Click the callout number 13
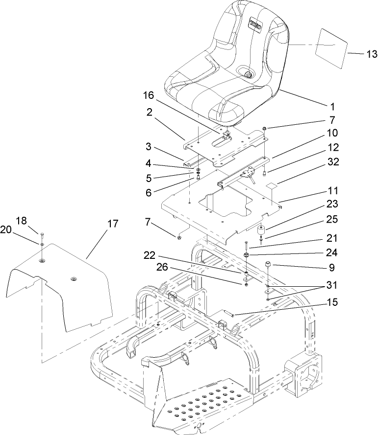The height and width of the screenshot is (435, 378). [359, 54]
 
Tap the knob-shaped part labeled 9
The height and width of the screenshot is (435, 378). [269, 266]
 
